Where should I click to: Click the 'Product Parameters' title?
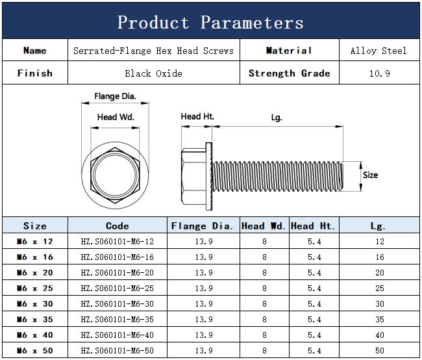(210, 22)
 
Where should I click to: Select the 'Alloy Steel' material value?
(379, 51)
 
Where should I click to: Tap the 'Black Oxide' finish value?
(153, 73)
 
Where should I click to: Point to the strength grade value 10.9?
(380, 73)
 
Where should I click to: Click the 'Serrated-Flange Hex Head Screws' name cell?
(153, 51)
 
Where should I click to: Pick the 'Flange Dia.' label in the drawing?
(115, 96)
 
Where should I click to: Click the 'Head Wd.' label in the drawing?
(116, 117)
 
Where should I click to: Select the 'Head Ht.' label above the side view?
(197, 116)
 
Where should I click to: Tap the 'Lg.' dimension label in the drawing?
(277, 118)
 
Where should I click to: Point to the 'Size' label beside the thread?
(370, 175)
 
